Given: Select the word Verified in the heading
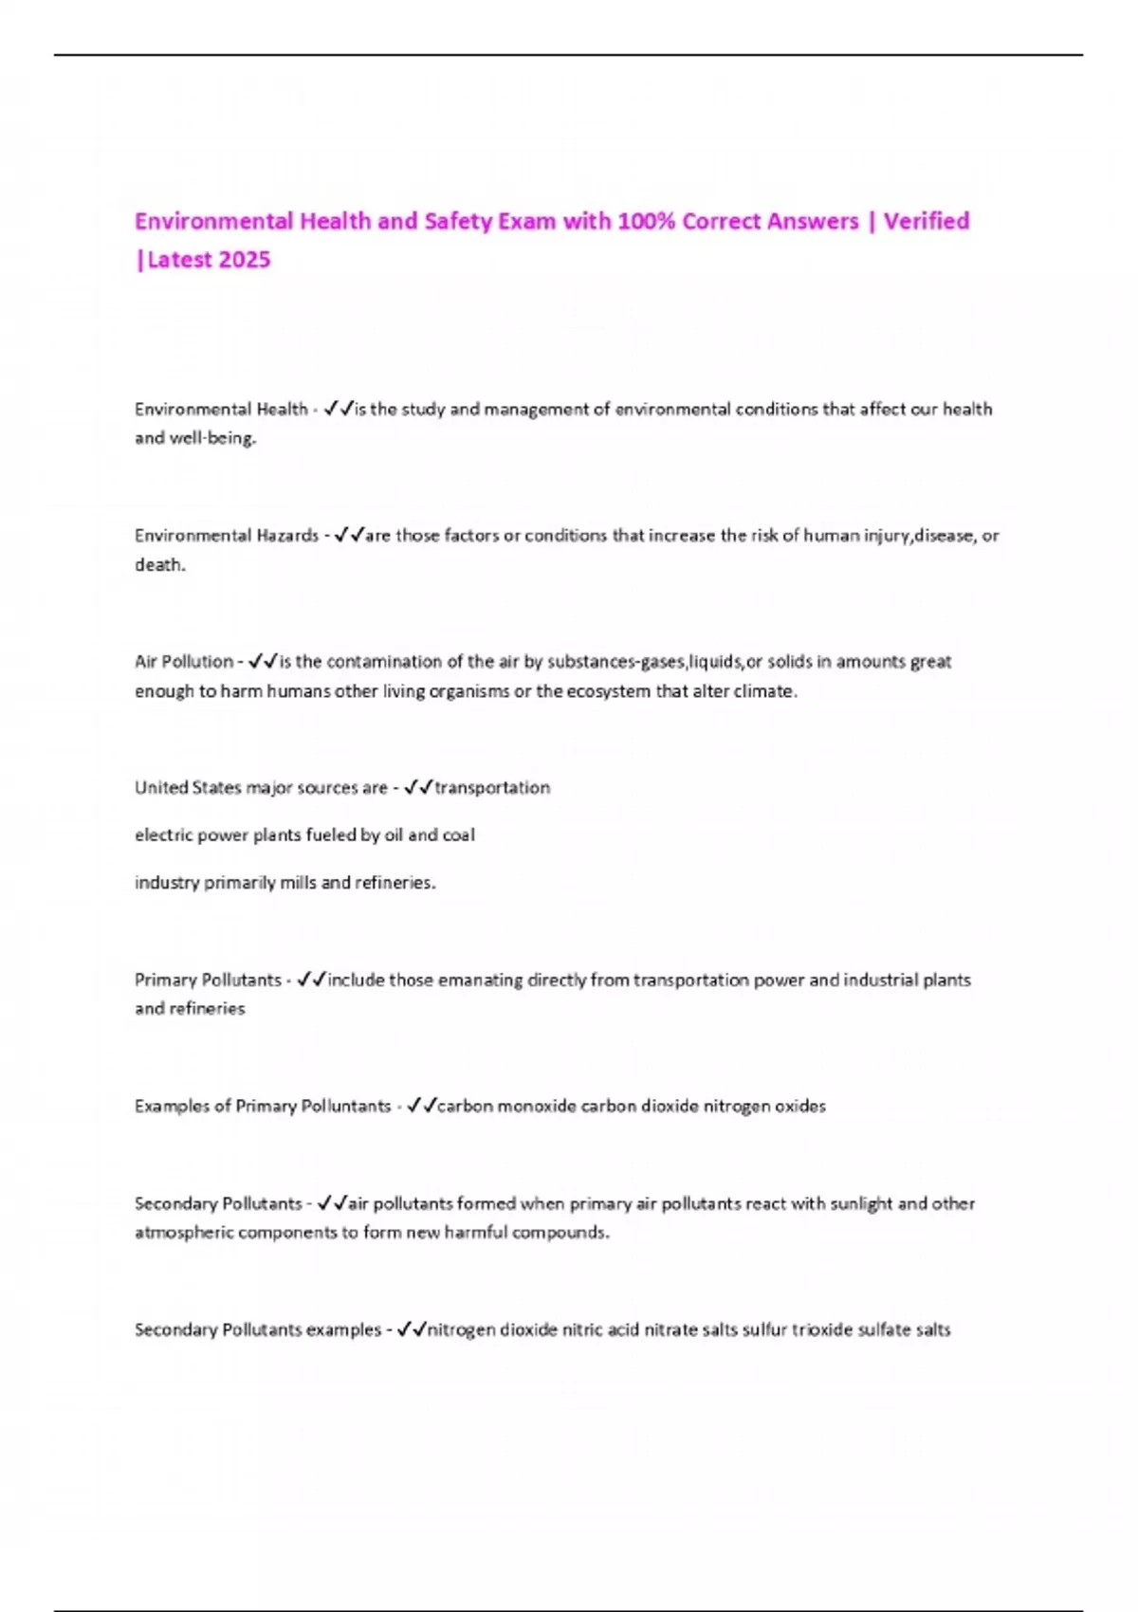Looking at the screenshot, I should [927, 222].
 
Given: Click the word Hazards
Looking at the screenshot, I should [287, 536].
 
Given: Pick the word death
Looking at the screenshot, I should [159, 565].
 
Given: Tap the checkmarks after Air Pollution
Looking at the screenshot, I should [263, 661].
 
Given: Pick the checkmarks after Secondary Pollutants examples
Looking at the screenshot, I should [412, 1329].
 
